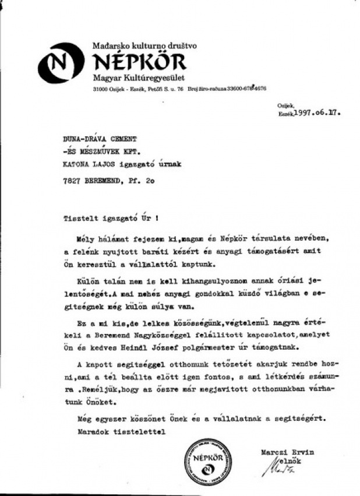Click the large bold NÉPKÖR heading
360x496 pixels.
click(139, 61)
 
